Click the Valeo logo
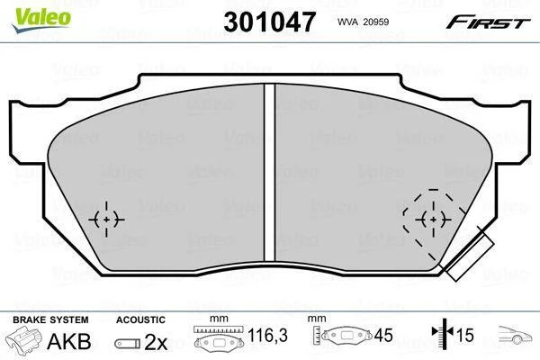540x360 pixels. point(41,20)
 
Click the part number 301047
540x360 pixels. point(269,22)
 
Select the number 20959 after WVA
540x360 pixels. point(375,22)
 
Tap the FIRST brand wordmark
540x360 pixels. point(488,22)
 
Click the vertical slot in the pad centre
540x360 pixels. point(270,172)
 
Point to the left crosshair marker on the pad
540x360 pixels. point(106,219)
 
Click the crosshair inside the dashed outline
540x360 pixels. point(433,219)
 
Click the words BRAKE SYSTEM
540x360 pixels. point(50,319)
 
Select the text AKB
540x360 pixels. point(69,341)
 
